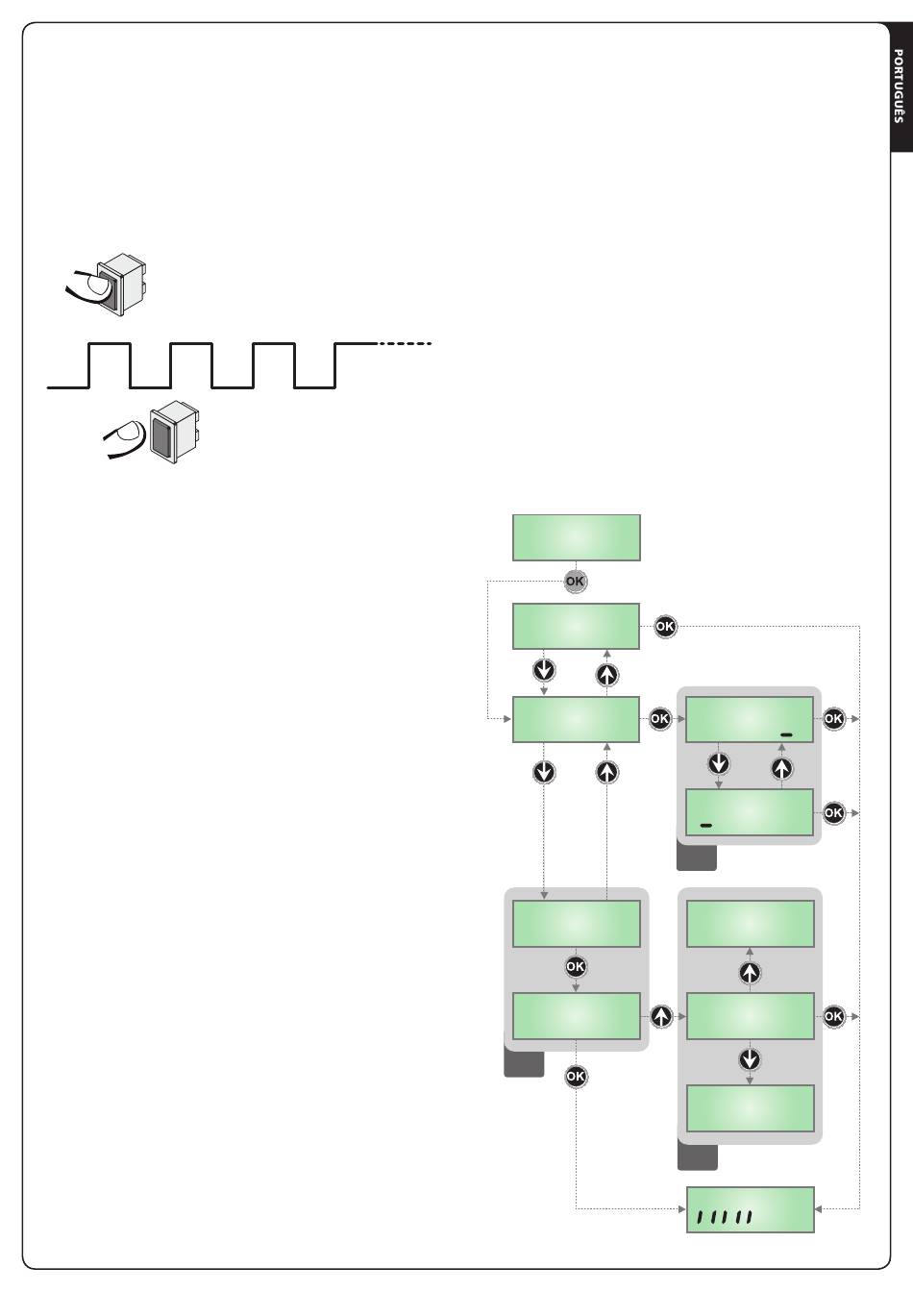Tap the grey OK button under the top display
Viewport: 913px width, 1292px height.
[x=575, y=582]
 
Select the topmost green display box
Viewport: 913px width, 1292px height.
[x=577, y=537]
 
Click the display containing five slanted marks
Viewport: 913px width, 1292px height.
[x=750, y=1209]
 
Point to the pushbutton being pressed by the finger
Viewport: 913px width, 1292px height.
[x=121, y=284]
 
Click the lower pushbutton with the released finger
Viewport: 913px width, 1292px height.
[x=174, y=433]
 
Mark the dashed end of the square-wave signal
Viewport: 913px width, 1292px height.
[x=405, y=344]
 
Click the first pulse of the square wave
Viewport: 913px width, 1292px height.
[x=110, y=365]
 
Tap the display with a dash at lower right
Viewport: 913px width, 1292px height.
[x=750, y=719]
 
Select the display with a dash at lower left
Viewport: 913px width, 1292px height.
[x=750, y=812]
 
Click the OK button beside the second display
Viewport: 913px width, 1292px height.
[x=665, y=627]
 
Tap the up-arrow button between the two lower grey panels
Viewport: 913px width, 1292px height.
[x=661, y=1016]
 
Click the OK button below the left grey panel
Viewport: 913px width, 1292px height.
[x=576, y=1077]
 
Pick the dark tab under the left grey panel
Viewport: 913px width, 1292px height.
[x=524, y=1063]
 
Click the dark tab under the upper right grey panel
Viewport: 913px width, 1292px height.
[x=697, y=857]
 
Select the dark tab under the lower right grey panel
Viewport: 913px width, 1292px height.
[x=698, y=1157]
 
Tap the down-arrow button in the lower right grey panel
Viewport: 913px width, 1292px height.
[x=750, y=1059]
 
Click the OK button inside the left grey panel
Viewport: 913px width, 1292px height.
[x=576, y=967]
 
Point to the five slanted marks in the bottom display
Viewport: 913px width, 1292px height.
[x=725, y=1218]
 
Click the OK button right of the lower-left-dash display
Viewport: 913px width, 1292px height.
[x=833, y=813]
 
